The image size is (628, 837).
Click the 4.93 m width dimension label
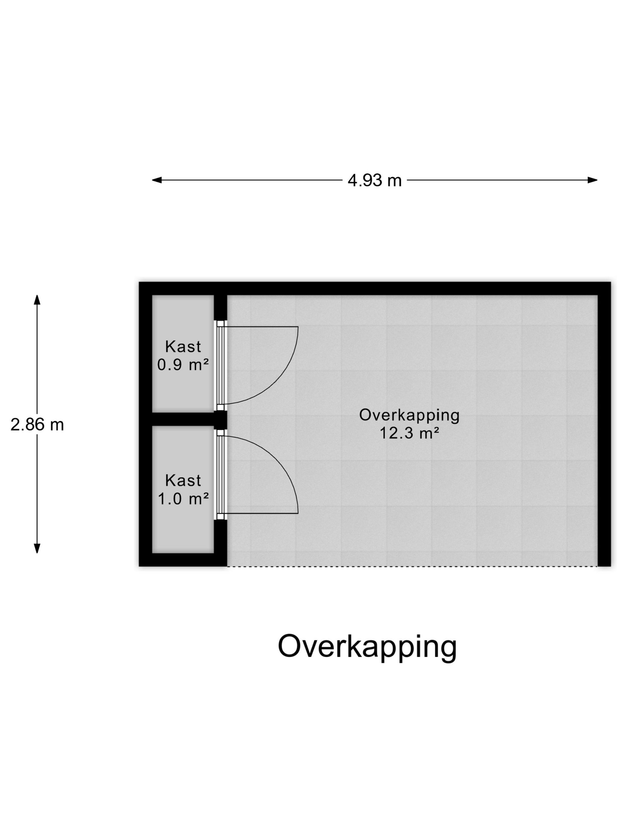tap(374, 181)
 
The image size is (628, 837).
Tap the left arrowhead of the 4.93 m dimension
tap(157, 180)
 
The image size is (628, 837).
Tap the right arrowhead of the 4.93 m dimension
tap(592, 180)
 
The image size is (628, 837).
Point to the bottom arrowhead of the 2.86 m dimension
tap(37, 548)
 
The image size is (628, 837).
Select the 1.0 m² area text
tap(183, 499)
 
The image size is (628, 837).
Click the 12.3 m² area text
tap(409, 433)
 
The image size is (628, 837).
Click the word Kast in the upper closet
tap(183, 346)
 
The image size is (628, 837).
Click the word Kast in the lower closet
tap(183, 481)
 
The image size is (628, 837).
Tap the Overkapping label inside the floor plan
tap(409, 415)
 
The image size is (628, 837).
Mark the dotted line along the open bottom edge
tap(412, 566)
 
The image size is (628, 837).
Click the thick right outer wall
tap(604, 424)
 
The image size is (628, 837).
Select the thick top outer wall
tap(375, 288)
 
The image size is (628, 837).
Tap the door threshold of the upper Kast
tap(221, 366)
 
